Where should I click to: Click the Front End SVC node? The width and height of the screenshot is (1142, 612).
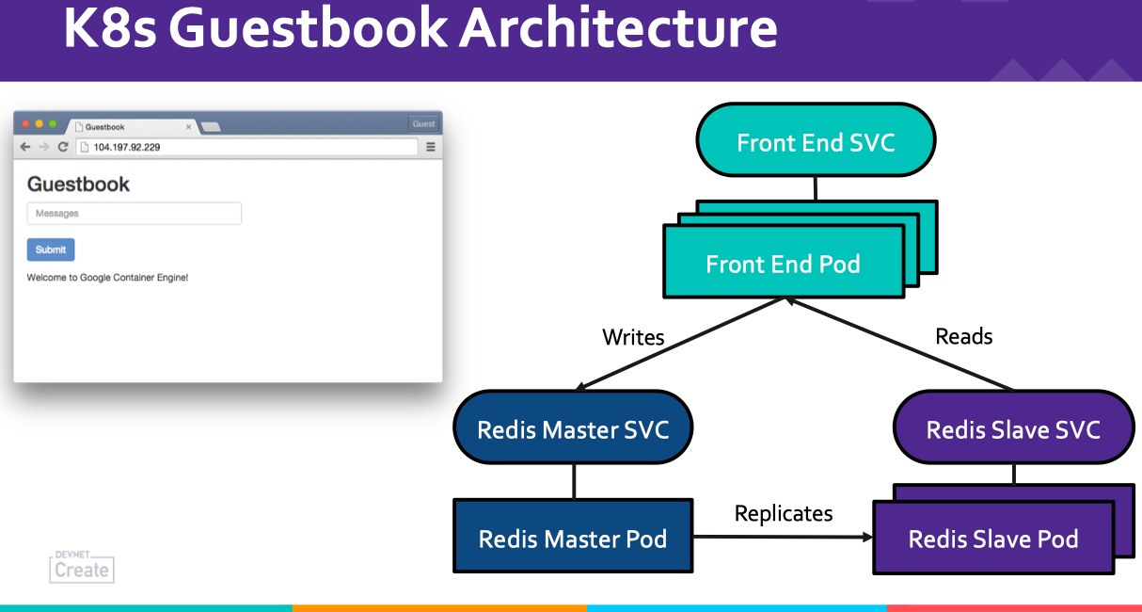pyautogui.click(x=816, y=140)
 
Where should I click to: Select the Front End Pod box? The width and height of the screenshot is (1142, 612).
pyautogui.click(x=784, y=262)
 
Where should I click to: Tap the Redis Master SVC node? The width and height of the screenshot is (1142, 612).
pyautogui.click(x=573, y=427)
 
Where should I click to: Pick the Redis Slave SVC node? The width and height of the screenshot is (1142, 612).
pyautogui.click(x=1013, y=427)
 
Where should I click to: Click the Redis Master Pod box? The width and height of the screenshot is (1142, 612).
pyautogui.click(x=573, y=536)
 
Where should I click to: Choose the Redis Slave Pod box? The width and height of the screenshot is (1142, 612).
pyautogui.click(x=993, y=538)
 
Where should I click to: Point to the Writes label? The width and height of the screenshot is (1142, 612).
pyautogui.click(x=633, y=337)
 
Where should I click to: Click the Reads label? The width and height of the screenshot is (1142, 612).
pyautogui.click(x=964, y=336)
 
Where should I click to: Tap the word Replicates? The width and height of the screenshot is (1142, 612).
pyautogui.click(x=784, y=514)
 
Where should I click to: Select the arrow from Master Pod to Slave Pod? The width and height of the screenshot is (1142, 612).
pyautogui.click(x=783, y=537)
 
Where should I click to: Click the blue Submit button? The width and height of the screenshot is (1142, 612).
pyautogui.click(x=51, y=250)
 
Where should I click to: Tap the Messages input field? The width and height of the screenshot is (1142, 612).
pyautogui.click(x=135, y=214)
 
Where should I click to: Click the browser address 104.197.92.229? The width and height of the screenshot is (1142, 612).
pyautogui.click(x=127, y=148)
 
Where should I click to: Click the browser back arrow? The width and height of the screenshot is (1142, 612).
pyautogui.click(x=25, y=147)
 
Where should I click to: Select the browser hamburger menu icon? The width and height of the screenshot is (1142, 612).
pyautogui.click(x=431, y=147)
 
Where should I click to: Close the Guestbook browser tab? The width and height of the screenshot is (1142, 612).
pyautogui.click(x=189, y=126)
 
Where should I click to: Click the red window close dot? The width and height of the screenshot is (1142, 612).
pyautogui.click(x=25, y=123)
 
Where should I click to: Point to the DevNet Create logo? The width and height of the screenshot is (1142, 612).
pyautogui.click(x=82, y=566)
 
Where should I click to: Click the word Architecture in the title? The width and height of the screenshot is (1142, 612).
pyautogui.click(x=618, y=28)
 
